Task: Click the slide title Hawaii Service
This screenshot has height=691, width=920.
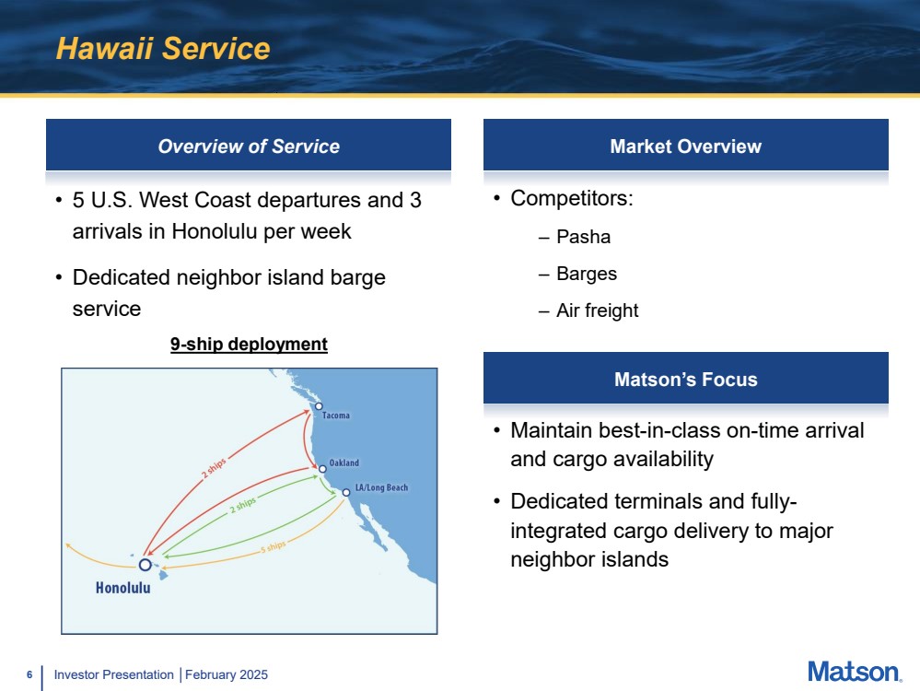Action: (x=162, y=48)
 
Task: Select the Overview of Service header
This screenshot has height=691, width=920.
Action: (x=249, y=146)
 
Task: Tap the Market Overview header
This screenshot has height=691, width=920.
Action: (x=686, y=146)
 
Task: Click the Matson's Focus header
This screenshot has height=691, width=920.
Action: (x=686, y=380)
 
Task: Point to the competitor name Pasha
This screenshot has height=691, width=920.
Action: (x=583, y=237)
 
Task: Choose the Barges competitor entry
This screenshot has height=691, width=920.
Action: (x=587, y=275)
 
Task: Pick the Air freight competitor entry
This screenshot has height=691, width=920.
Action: (x=598, y=310)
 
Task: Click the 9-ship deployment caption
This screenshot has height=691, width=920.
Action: (x=249, y=344)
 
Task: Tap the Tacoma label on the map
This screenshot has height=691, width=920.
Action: (x=335, y=416)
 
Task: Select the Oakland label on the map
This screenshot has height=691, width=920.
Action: (x=344, y=463)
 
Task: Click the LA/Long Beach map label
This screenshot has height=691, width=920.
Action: (x=381, y=487)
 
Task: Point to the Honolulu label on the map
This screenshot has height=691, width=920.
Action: (x=123, y=588)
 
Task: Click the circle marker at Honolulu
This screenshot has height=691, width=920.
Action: (x=145, y=565)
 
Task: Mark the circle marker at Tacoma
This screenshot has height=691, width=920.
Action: (x=319, y=405)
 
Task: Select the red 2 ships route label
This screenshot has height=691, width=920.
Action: (x=214, y=468)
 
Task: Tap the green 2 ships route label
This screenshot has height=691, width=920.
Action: (x=243, y=505)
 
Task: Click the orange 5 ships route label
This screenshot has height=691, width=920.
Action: (x=274, y=547)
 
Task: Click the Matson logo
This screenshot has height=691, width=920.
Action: (x=855, y=673)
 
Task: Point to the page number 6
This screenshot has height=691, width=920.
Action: (x=29, y=675)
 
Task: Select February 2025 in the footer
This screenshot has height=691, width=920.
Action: (x=227, y=675)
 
